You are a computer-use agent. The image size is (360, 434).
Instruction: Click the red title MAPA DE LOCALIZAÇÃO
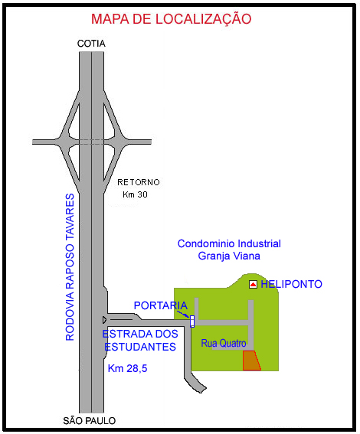(171, 19)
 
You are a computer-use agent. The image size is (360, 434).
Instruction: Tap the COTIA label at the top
(91, 44)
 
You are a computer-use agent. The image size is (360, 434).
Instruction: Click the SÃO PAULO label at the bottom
(89, 421)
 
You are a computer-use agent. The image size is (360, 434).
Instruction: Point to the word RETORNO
(139, 182)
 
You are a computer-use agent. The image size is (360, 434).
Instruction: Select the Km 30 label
(135, 194)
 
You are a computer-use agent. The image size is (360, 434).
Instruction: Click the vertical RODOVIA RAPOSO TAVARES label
(70, 267)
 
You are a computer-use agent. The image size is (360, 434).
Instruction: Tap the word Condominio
(206, 243)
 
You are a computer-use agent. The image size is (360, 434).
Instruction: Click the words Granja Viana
(229, 256)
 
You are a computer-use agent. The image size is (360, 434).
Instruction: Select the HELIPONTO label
(291, 284)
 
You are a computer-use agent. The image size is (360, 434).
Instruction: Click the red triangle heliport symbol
(253, 284)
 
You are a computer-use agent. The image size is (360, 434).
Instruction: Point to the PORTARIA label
(161, 305)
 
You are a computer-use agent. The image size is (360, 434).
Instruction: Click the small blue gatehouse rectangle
(192, 321)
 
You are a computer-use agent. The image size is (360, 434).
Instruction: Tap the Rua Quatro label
(224, 343)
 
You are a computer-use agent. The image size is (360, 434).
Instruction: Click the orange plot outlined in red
(251, 361)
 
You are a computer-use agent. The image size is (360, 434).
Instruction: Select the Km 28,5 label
(127, 368)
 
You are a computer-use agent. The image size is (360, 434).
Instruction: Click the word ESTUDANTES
(140, 347)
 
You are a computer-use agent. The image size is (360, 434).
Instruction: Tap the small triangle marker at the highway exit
(104, 320)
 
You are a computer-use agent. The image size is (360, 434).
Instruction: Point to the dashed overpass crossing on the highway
(92, 142)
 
